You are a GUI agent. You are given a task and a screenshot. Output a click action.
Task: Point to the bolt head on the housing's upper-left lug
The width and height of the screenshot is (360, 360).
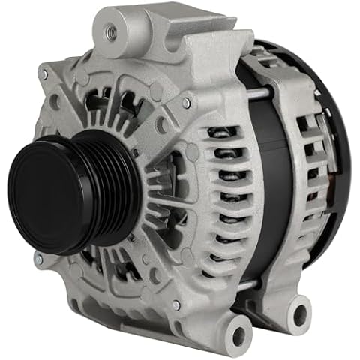coord(46,73)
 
